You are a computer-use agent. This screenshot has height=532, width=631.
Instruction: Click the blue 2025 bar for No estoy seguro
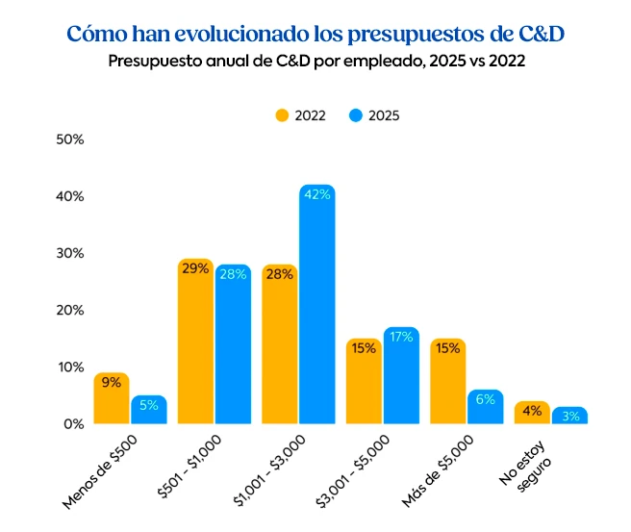point(569,418)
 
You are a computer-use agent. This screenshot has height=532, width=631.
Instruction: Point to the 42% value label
point(316,194)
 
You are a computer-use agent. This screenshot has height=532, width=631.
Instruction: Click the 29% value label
point(195,268)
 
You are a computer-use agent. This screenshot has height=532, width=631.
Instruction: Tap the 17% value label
point(401,337)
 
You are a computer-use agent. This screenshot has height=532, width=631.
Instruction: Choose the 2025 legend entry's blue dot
point(355,115)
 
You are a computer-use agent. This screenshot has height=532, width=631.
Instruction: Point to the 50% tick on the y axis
point(71,139)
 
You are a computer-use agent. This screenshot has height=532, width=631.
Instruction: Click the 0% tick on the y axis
point(75,424)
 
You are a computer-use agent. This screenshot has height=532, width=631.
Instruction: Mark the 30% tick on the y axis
point(71,253)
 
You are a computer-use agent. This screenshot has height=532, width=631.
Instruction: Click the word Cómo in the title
point(98,34)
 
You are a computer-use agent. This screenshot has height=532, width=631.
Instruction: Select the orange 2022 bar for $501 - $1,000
point(195,346)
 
